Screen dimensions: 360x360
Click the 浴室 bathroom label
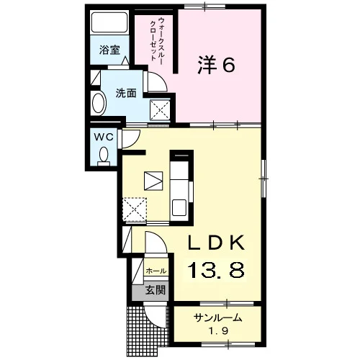(109, 50)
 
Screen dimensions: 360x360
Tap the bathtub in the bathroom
(109, 22)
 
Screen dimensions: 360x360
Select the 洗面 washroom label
(126, 93)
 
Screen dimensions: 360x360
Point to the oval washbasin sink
(99, 104)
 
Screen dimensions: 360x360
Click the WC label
(104, 138)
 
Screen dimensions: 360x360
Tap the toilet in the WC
(104, 156)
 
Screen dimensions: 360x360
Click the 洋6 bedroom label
(216, 65)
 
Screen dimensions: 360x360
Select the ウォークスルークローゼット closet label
(156, 39)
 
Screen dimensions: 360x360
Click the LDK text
(217, 243)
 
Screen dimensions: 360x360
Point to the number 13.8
(216, 270)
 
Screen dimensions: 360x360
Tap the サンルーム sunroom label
(217, 318)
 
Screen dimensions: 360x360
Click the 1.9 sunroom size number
(218, 331)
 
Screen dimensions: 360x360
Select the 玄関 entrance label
(156, 290)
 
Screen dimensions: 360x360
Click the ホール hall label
(156, 271)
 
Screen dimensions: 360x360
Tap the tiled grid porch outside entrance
(135, 331)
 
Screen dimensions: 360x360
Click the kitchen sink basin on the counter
(179, 207)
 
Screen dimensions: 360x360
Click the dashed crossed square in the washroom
(160, 110)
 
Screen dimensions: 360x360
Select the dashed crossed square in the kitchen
(135, 210)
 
